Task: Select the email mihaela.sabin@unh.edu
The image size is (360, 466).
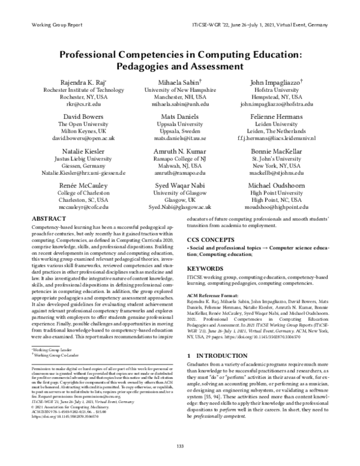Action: [180, 103]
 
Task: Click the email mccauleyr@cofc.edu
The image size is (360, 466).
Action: [83, 207]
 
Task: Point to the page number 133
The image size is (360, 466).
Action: [180, 444]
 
